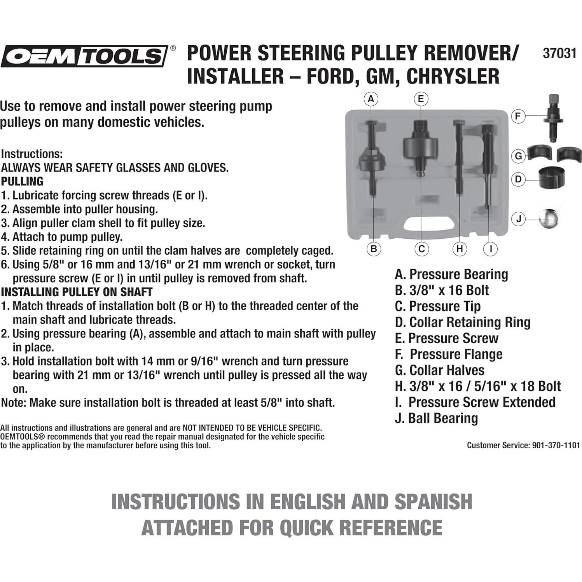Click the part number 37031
559,53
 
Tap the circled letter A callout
371,99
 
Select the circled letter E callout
421,99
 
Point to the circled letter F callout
518,116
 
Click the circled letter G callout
518,156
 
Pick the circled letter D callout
518,179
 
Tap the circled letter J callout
518,219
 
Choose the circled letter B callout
374,249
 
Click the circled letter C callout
421,249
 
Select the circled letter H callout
460,249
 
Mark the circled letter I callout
491,249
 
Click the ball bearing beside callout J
549,218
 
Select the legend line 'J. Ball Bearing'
436,418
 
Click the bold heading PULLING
22,182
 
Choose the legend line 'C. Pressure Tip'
438,306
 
